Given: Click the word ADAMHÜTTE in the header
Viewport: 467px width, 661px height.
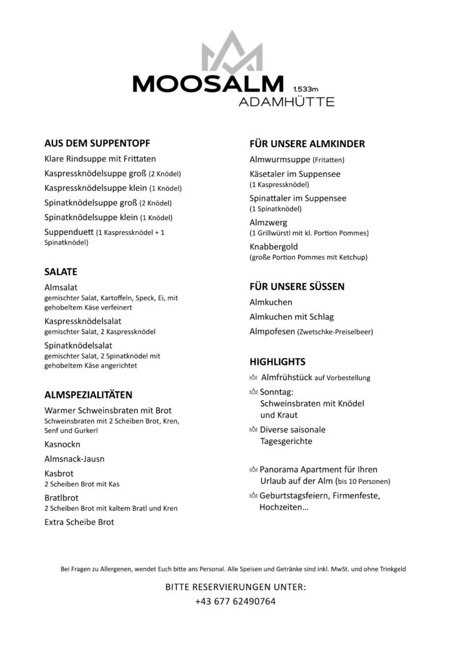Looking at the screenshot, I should pyautogui.click(x=286, y=102).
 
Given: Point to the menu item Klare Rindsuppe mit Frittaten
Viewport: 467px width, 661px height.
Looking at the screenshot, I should pyautogui.click(x=101, y=158).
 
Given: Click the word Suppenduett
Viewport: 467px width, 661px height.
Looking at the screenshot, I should pyautogui.click(x=68, y=232).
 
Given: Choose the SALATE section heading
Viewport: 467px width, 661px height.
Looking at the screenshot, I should pyautogui.click(x=61, y=272).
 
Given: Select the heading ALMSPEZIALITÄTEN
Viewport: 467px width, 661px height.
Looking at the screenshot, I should pyautogui.click(x=88, y=394).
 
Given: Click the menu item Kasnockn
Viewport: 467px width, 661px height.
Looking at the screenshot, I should pyautogui.click(x=62, y=445).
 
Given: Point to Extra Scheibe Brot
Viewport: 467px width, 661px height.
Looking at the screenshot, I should pyautogui.click(x=79, y=522).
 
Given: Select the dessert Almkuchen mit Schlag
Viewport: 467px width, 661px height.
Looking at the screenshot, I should pyautogui.click(x=292, y=317).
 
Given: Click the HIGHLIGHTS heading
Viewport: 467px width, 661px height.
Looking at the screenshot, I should pyautogui.click(x=277, y=362).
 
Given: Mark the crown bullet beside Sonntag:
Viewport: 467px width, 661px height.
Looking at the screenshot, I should pyautogui.click(x=253, y=392).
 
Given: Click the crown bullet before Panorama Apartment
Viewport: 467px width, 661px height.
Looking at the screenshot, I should pyautogui.click(x=253, y=470).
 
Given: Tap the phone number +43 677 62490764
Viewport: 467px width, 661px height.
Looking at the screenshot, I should pyautogui.click(x=235, y=601).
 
